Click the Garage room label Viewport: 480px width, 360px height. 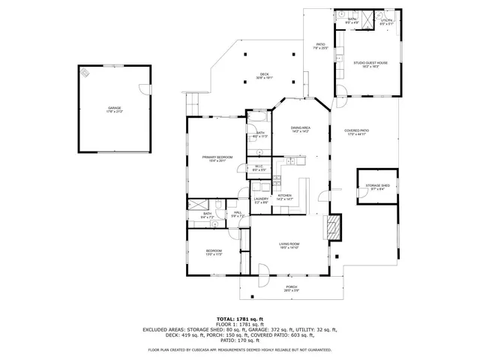click(x=114, y=109)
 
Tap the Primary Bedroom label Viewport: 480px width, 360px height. click(x=217, y=157)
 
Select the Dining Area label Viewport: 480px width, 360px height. click(x=300, y=128)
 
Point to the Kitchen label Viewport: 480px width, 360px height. click(x=284, y=196)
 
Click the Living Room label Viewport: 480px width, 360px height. click(x=289, y=244)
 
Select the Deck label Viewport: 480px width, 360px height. click(x=264, y=74)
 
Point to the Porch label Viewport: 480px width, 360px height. click(x=291, y=286)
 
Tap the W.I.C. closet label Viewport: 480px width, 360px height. click(x=258, y=167)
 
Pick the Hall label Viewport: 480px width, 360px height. click(x=238, y=214)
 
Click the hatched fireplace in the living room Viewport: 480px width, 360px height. click(x=332, y=227)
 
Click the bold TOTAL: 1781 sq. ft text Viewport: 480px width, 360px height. click(x=240, y=319)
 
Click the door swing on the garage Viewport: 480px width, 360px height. click(x=143, y=89)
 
